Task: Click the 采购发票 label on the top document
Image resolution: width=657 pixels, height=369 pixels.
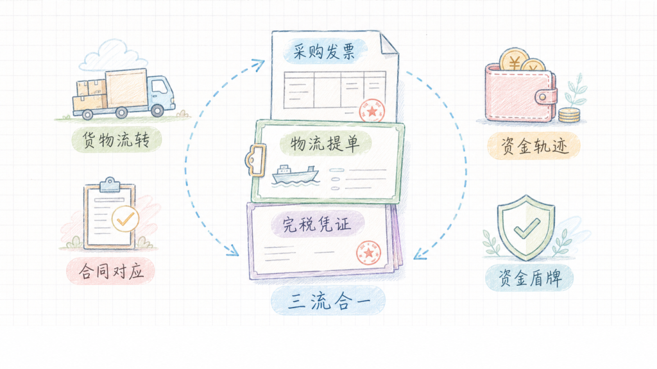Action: (x=325, y=51)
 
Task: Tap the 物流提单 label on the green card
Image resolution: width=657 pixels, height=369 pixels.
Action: (x=325, y=143)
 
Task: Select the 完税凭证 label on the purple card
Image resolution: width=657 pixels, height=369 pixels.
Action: (x=317, y=224)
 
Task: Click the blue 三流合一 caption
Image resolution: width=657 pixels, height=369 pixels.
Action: (x=328, y=301)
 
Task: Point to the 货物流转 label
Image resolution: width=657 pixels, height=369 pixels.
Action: (x=116, y=139)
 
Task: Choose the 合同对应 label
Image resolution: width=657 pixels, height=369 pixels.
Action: (x=110, y=272)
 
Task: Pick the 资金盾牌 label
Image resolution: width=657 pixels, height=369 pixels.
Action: (x=529, y=278)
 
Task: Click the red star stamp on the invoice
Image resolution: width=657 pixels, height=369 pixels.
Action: (x=371, y=111)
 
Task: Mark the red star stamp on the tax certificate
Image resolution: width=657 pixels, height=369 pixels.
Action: (x=368, y=252)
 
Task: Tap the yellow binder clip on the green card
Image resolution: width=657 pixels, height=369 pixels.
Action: (x=255, y=160)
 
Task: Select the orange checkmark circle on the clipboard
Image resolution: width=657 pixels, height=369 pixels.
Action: (x=125, y=219)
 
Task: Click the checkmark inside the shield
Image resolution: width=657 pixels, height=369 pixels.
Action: (x=527, y=229)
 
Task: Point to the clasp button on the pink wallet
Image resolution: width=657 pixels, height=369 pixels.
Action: (x=543, y=97)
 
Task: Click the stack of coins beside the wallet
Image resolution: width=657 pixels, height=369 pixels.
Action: (x=569, y=115)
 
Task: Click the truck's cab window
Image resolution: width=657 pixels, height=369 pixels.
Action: (x=159, y=87)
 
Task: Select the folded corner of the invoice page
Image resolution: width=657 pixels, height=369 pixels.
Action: (x=389, y=44)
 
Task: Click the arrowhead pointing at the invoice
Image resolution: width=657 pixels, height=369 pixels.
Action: (x=259, y=64)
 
